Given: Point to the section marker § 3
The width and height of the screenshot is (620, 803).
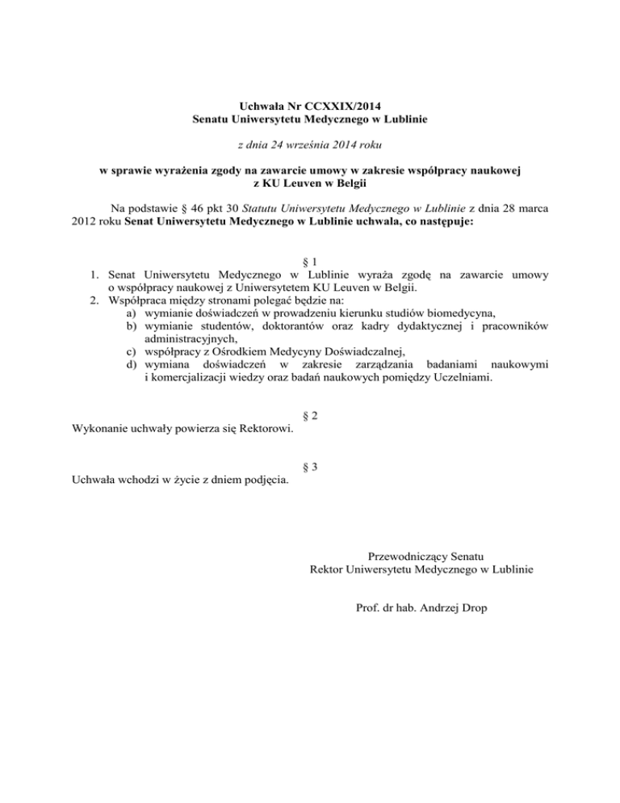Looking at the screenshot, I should (x=309, y=467).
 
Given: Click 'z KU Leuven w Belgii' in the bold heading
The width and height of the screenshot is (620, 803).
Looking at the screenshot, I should (x=310, y=183).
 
